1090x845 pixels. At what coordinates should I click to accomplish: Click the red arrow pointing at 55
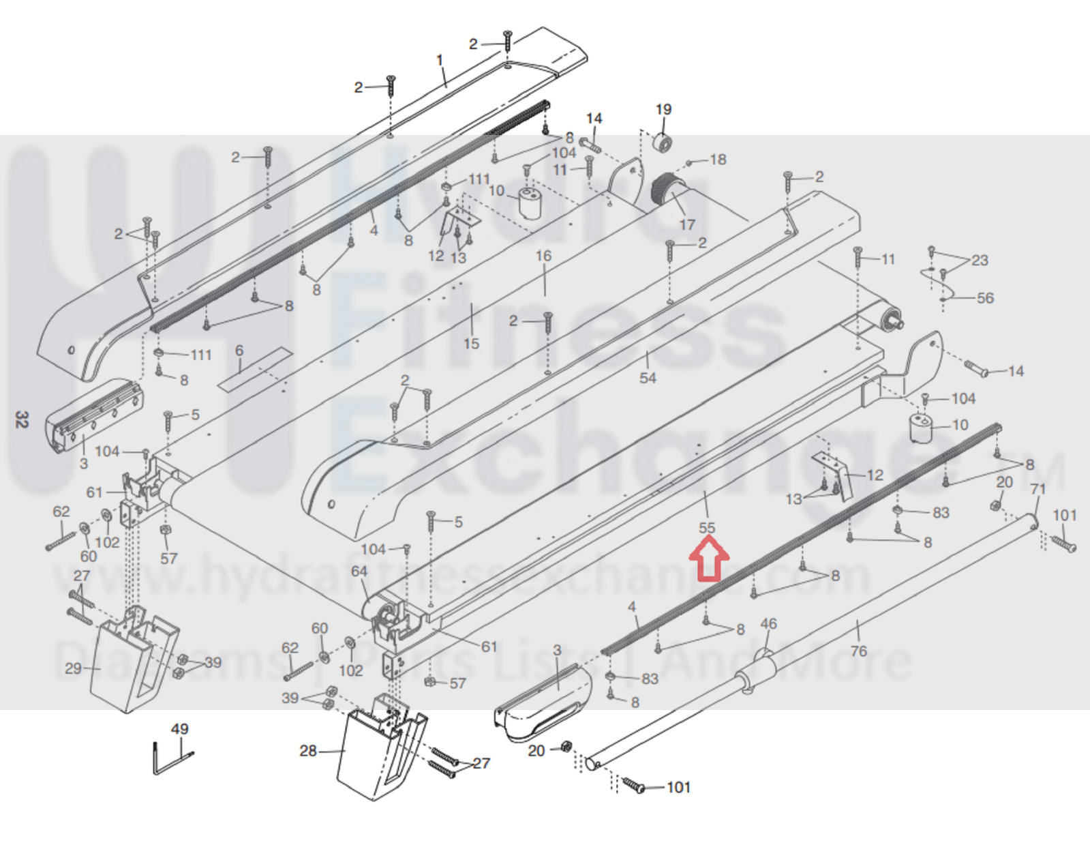[709, 558]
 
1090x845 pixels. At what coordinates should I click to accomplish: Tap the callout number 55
[707, 528]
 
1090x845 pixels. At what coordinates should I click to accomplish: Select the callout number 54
[648, 378]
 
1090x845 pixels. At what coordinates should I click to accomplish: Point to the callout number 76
[858, 651]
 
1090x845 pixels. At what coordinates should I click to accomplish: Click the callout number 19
[663, 109]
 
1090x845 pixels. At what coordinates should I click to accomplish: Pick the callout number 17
[687, 224]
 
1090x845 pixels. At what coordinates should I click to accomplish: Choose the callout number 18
[718, 160]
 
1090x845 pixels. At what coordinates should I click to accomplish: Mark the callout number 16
[543, 256]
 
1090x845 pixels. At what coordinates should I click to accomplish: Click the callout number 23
[980, 260]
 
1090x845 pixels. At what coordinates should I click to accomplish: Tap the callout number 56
[985, 298]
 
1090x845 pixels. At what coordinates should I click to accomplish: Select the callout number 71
[1038, 490]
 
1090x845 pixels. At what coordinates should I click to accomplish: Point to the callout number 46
[768, 623]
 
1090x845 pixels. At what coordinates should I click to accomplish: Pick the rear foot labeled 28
[378, 750]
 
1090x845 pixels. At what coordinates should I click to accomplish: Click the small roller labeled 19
[663, 143]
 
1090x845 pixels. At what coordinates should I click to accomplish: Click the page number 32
[22, 419]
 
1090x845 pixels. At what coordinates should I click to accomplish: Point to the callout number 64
[359, 572]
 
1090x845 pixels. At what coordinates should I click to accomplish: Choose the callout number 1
[440, 60]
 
